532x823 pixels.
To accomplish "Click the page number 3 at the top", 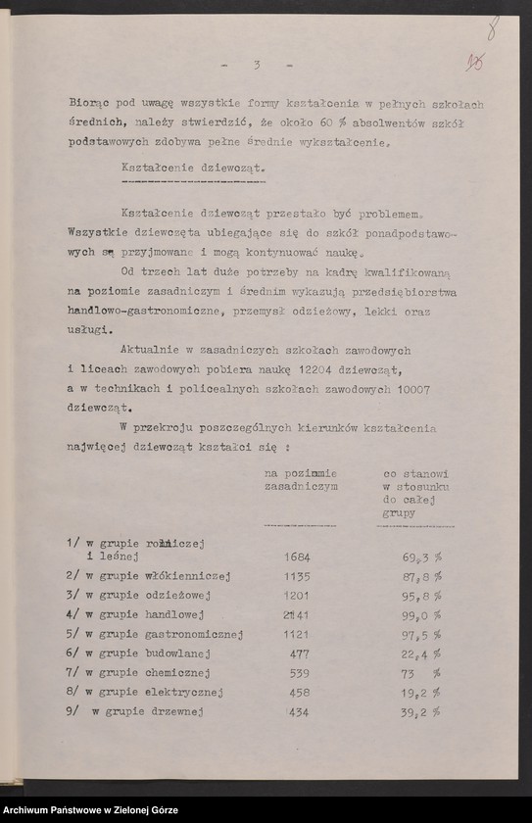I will click(257, 65).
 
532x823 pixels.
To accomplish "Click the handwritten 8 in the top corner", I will click(491, 24).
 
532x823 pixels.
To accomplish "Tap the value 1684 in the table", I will click(296, 556).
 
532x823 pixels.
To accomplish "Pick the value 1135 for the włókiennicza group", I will click(296, 575).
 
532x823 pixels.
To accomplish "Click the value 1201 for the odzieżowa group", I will click(296, 595).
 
